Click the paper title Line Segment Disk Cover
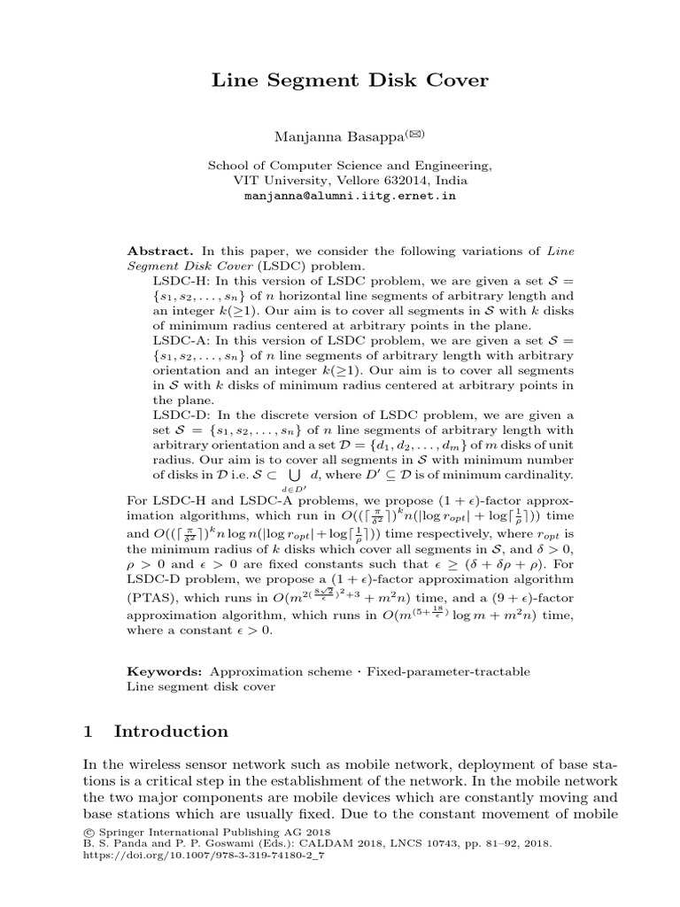point(349,81)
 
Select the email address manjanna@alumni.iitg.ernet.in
point(350,196)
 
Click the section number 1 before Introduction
point(88,732)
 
